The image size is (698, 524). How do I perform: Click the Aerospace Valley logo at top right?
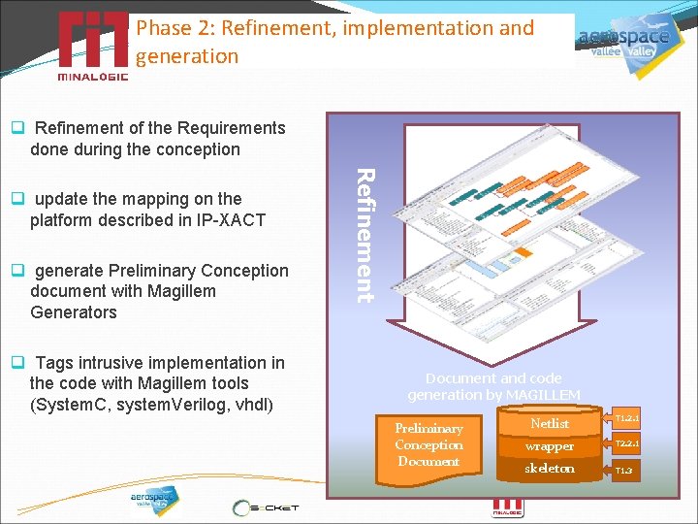pyautogui.click(x=624, y=44)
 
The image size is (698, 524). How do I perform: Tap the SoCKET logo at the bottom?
pyautogui.click(x=266, y=507)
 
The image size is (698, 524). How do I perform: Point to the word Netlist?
pyautogui.click(x=550, y=423)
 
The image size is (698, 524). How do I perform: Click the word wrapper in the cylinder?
pyautogui.click(x=550, y=446)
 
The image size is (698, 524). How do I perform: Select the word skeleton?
pyautogui.click(x=550, y=469)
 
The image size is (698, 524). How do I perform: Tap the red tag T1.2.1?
pyautogui.click(x=626, y=419)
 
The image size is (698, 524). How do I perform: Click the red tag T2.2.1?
pyautogui.click(x=626, y=443)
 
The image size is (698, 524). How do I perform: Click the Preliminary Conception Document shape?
pyautogui.click(x=428, y=445)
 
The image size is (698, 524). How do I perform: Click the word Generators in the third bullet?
pyautogui.click(x=74, y=312)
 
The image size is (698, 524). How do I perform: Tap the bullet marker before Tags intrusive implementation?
pyautogui.click(x=16, y=364)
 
